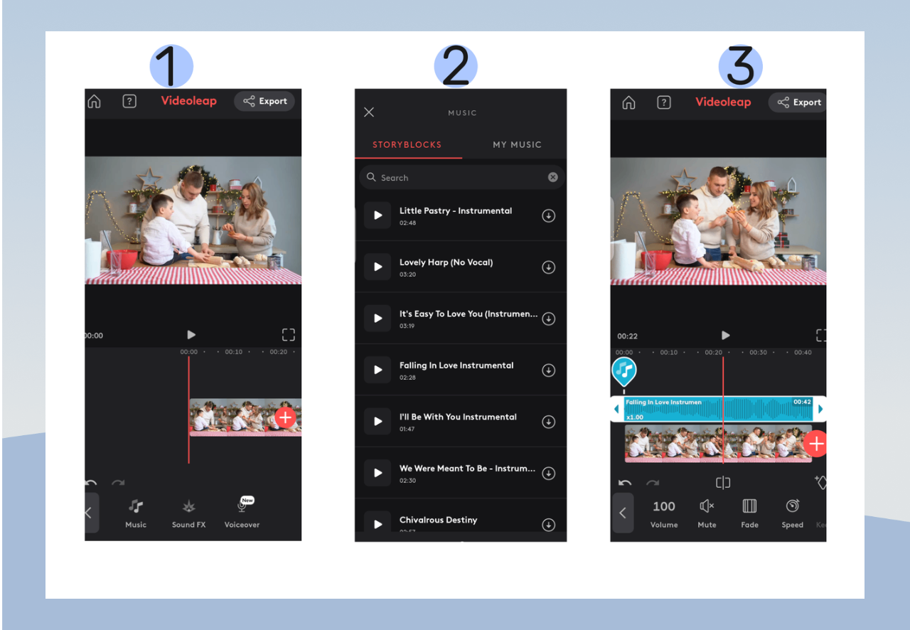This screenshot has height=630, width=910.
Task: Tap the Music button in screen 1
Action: [136, 513]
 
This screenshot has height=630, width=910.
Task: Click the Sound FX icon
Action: [188, 513]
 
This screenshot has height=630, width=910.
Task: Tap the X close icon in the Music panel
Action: [369, 112]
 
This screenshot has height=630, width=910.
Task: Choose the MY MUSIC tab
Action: [517, 144]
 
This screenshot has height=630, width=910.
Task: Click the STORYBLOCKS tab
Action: [407, 144]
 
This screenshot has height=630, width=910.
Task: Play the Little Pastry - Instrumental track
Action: [378, 215]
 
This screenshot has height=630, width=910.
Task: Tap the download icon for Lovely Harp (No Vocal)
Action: [549, 267]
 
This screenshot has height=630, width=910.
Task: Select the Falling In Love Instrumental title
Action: [456, 365]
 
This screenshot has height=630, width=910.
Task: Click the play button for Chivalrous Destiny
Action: [378, 524]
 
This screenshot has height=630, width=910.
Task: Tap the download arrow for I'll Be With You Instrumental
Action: [549, 422]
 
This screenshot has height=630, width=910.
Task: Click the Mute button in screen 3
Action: [707, 513]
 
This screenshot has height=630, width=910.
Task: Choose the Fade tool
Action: [749, 513]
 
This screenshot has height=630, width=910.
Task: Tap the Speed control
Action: [792, 513]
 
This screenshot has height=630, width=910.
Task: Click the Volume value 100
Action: [664, 507]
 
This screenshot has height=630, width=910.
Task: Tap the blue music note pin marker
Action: [624, 370]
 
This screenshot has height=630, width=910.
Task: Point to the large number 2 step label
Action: [456, 66]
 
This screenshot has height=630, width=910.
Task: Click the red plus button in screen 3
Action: [816, 444]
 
